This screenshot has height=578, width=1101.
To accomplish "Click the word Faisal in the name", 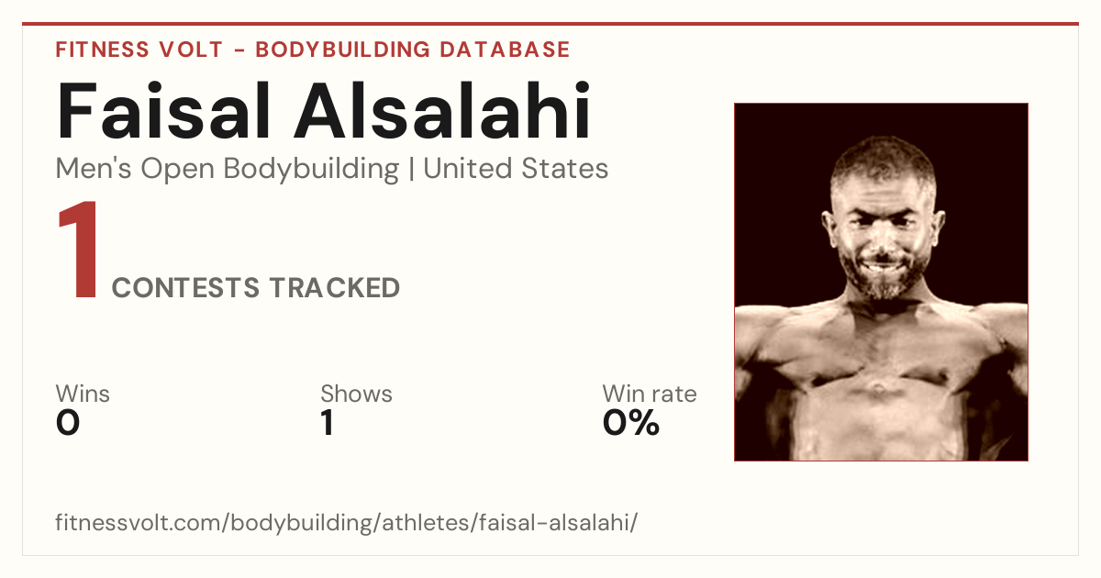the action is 163,111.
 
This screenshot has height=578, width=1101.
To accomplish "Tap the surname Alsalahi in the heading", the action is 442,111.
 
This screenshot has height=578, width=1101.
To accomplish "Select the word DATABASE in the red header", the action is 505,50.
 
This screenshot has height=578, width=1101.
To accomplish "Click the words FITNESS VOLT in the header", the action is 139,50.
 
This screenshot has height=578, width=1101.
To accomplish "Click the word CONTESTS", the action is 185,287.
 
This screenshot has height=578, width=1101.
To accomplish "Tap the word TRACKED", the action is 335,287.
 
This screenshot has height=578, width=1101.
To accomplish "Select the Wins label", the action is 83,394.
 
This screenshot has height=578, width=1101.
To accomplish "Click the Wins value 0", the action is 68,423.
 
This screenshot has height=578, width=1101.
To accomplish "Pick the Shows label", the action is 356,394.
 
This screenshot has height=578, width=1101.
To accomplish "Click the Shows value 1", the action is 328,423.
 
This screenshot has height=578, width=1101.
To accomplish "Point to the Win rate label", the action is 650,394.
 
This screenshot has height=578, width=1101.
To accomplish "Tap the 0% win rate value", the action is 631,423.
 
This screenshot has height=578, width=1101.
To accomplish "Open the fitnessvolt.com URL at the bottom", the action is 347,522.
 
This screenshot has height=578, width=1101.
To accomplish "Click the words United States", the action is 516,169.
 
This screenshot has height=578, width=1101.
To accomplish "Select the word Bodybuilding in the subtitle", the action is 311,170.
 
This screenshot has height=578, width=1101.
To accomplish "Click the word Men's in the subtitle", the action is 94,169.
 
